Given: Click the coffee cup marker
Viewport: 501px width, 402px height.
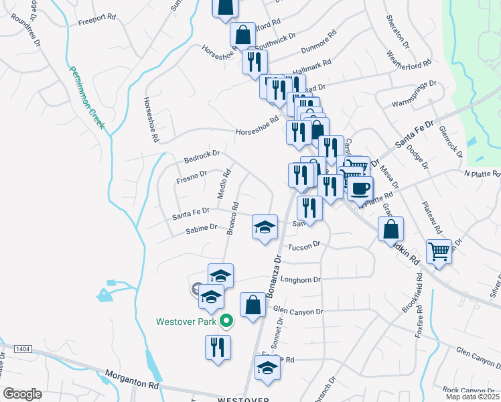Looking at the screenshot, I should coord(360,188).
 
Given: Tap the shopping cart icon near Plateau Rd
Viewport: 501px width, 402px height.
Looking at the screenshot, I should coord(439,251).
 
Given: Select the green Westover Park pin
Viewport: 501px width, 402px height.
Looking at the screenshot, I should coord(226,322).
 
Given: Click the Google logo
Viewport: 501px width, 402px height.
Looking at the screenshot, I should coord(22,394).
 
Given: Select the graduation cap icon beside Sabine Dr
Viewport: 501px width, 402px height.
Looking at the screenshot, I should coord(265,227).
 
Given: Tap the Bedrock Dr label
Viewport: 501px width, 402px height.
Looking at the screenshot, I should coord(202,157).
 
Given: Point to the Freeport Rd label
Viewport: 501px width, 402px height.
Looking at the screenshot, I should coord(97,20).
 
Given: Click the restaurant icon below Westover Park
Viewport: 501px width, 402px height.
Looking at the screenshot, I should coord(217,347).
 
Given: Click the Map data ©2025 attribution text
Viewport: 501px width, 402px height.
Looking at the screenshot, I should coord(472,397).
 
